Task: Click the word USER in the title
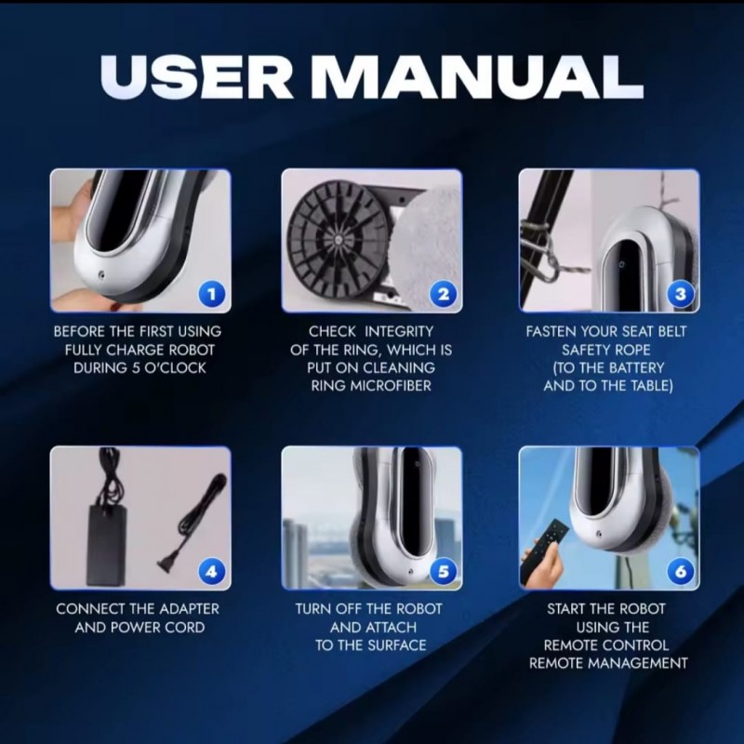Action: coord(196,76)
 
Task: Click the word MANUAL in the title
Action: coord(477,76)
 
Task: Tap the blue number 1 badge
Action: coord(212,294)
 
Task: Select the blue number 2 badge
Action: coord(444,294)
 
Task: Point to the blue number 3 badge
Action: coord(681,294)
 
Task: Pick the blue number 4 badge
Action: coord(212,571)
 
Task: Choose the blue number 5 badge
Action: coord(444,571)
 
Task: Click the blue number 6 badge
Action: coord(681,571)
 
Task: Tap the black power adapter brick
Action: coord(107,545)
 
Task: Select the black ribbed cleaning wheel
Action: coord(338,241)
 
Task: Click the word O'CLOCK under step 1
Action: coord(175,367)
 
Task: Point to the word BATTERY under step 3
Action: coord(636,367)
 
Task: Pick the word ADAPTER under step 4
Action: coord(190,609)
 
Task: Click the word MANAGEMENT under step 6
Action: coord(640,663)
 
